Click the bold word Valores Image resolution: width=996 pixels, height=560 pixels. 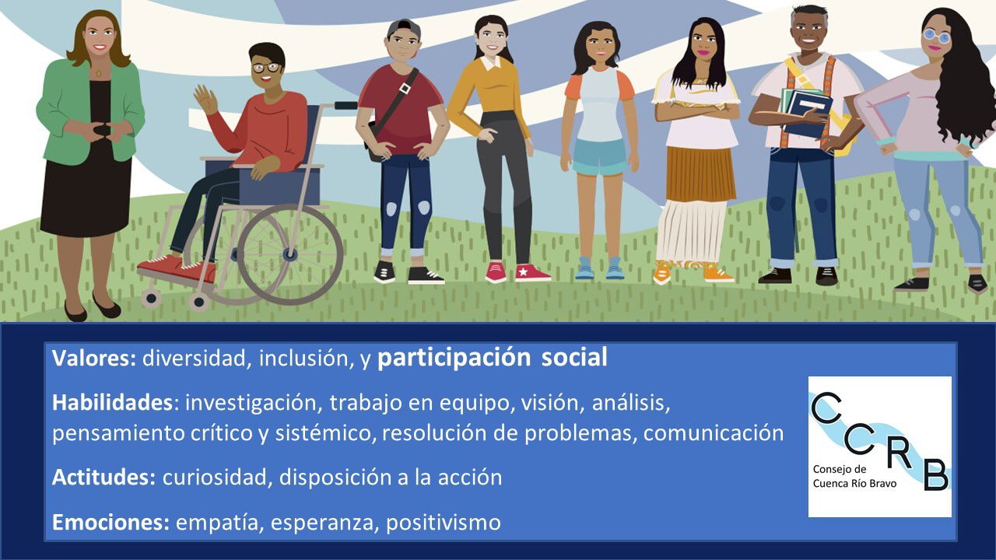93,358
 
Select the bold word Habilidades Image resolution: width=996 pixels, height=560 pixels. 112,403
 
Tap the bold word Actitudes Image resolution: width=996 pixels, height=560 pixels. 103,478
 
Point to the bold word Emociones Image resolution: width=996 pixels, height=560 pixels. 110,522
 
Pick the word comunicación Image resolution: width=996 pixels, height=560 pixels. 714,433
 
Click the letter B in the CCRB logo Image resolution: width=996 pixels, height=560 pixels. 936,474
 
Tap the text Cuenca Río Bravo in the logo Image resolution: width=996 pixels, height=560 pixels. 854,484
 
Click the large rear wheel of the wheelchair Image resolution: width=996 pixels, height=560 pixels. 290,254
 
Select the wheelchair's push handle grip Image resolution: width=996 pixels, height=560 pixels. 346,105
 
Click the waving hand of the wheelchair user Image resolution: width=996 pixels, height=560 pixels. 205,100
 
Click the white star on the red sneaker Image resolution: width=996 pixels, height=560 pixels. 524,271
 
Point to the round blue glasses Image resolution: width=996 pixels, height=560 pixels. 935,36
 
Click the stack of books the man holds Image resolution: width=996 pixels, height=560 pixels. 805,111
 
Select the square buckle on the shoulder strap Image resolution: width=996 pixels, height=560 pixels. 405,88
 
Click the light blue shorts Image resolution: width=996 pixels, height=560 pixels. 600,156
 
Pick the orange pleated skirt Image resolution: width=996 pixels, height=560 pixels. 699,173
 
